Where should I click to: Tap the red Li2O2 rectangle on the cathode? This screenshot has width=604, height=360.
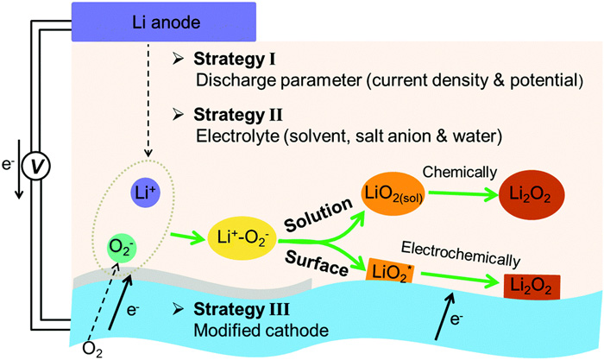click(x=530, y=283)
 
